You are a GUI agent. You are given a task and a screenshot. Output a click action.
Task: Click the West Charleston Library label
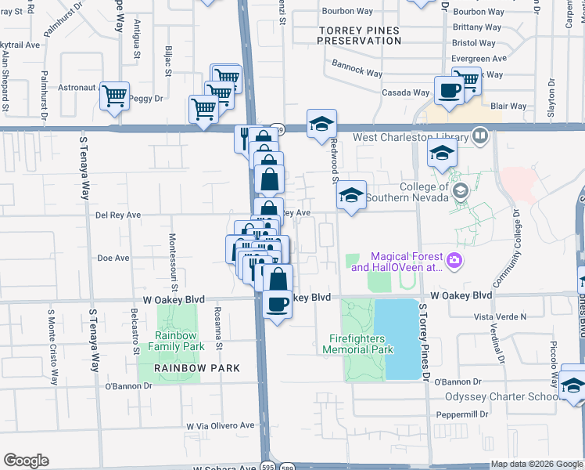pos(411,137)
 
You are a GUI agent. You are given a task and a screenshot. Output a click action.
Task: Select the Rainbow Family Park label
pos(177,341)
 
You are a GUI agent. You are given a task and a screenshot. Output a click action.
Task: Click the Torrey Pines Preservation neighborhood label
pos(359,35)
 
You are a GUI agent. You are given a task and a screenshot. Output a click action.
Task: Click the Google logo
pos(26,461)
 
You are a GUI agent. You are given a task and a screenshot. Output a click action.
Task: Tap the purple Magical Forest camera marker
pos(453,260)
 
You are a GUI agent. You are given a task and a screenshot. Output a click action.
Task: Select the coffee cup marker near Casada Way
pos(449,91)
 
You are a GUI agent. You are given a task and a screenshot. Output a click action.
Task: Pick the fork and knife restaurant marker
pos(245,138)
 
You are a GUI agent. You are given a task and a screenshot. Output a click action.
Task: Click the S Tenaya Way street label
pos(84,168)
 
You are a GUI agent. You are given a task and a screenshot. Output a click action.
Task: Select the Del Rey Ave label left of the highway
pos(117,214)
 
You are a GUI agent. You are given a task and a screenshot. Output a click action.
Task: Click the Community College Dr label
pos(517,236)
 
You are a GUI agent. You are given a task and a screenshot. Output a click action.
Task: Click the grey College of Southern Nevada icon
pos(461,190)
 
